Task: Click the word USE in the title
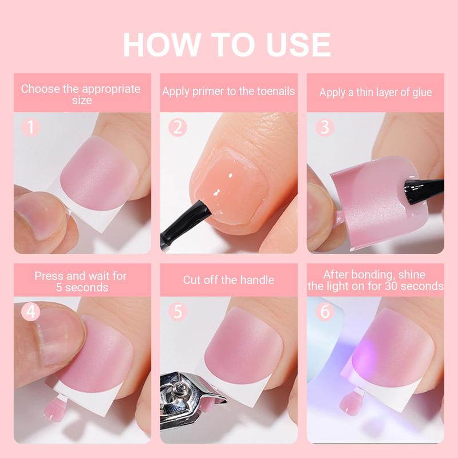(x=298, y=45)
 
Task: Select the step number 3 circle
(x=324, y=126)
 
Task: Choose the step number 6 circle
(x=324, y=312)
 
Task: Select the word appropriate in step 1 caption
(x=110, y=89)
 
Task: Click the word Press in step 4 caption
(x=48, y=275)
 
